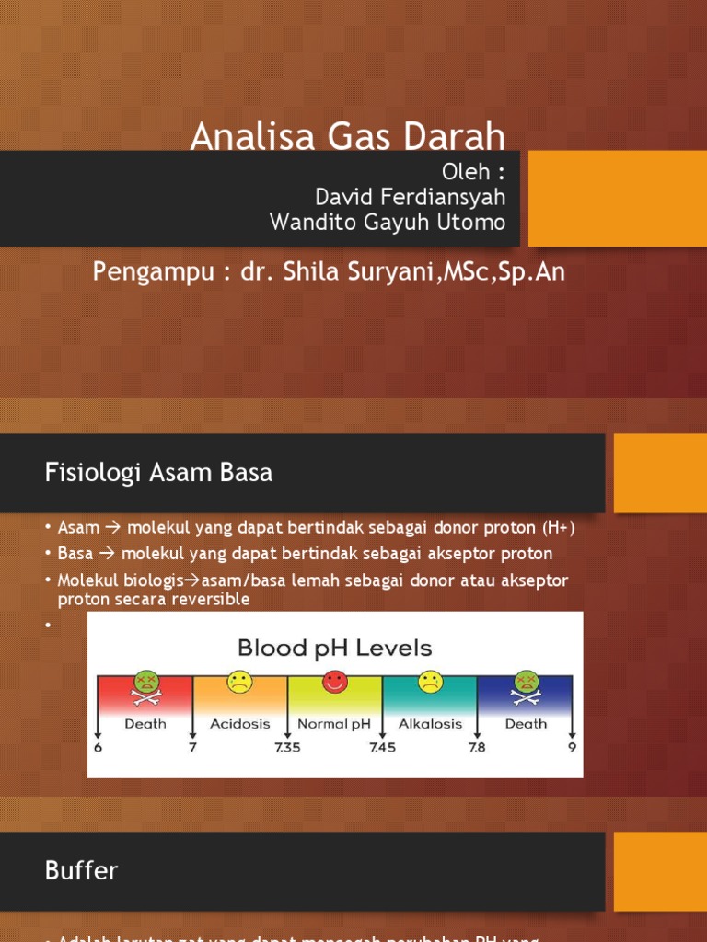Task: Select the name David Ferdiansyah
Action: (x=410, y=197)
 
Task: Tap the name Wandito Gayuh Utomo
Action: (x=387, y=222)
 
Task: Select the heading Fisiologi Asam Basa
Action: (x=158, y=473)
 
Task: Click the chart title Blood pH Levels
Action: (x=334, y=648)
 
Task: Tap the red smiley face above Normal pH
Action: (x=334, y=682)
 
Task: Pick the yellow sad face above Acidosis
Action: (x=239, y=682)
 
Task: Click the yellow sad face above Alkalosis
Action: (x=430, y=682)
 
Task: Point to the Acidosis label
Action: (x=239, y=724)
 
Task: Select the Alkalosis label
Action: (x=430, y=724)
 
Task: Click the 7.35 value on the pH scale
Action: (x=287, y=748)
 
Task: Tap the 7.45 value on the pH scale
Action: (x=382, y=748)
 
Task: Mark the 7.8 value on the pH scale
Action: (x=477, y=748)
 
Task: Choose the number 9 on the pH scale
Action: (x=572, y=748)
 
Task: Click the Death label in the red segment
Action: (x=145, y=724)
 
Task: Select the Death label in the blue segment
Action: (x=526, y=724)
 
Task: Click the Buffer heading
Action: (x=82, y=870)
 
